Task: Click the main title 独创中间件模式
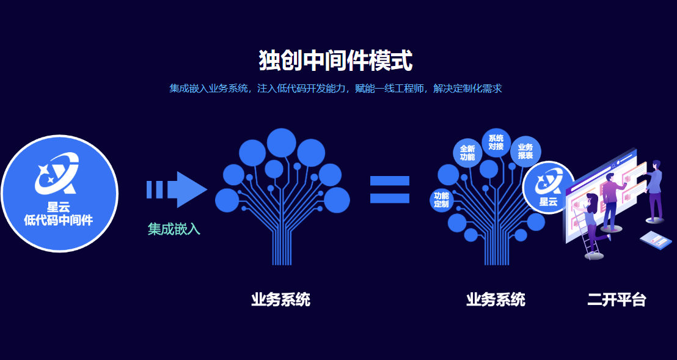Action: pyautogui.click(x=335, y=61)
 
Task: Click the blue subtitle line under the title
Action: pyautogui.click(x=335, y=89)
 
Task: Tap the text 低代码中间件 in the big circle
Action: pyautogui.click(x=58, y=220)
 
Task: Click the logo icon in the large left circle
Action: pyautogui.click(x=57, y=174)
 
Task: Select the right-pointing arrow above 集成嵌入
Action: pyautogui.click(x=177, y=189)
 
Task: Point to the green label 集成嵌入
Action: pyautogui.click(x=174, y=229)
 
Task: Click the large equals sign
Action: pyautogui.click(x=389, y=189)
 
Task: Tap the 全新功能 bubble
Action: pyautogui.click(x=467, y=153)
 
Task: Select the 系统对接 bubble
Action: pyautogui.click(x=496, y=142)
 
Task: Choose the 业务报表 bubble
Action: pyautogui.click(x=525, y=152)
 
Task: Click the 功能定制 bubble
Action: pyautogui.click(x=441, y=200)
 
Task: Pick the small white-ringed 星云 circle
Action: pyautogui.click(x=548, y=188)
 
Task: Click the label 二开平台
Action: pyautogui.click(x=617, y=299)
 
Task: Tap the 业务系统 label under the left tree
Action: pyautogui.click(x=280, y=299)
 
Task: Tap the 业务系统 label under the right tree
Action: pyautogui.click(x=496, y=299)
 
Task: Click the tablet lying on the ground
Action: pyautogui.click(x=656, y=240)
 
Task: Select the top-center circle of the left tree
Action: pyautogui.click(x=282, y=143)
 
